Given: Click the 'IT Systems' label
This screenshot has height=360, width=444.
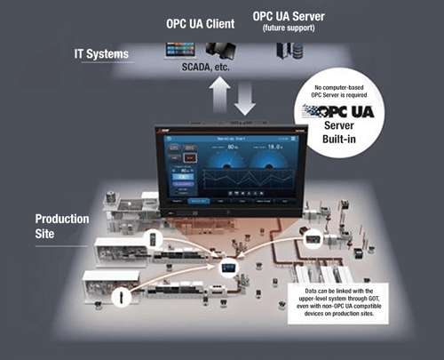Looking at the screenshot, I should [x=100, y=55].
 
